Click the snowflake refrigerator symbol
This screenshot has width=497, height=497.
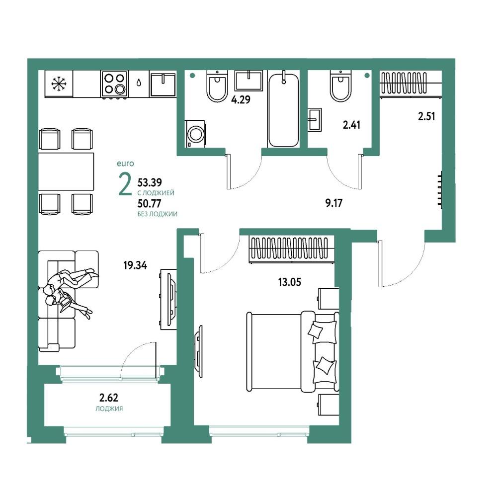pyautogui.click(x=59, y=83)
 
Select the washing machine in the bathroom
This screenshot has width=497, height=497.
pyautogui.click(x=195, y=134)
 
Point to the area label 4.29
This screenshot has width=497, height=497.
pyautogui.click(x=241, y=100)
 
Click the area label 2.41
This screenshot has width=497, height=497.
pyautogui.click(x=351, y=125)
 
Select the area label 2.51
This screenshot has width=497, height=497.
pyautogui.click(x=426, y=116)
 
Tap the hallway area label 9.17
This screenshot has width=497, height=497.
pyautogui.click(x=334, y=203)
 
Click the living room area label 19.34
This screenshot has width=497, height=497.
pyautogui.click(x=135, y=265)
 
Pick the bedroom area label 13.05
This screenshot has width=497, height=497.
pyautogui.click(x=289, y=282)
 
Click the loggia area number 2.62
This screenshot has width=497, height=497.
pyautogui.click(x=109, y=398)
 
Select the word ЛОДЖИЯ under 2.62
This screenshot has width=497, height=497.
pyautogui.click(x=109, y=409)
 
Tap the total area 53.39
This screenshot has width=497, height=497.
pyautogui.click(x=150, y=182)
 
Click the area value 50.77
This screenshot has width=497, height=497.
pyautogui.click(x=149, y=203)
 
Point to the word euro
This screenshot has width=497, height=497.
pyautogui.click(x=125, y=164)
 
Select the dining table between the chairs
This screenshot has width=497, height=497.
pyautogui.click(x=66, y=171)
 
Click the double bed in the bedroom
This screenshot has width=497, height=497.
pyautogui.click(x=293, y=352)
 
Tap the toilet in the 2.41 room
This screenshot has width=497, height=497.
pyautogui.click(x=341, y=85)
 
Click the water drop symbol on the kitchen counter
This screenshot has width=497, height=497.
pyautogui.click(x=139, y=83)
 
